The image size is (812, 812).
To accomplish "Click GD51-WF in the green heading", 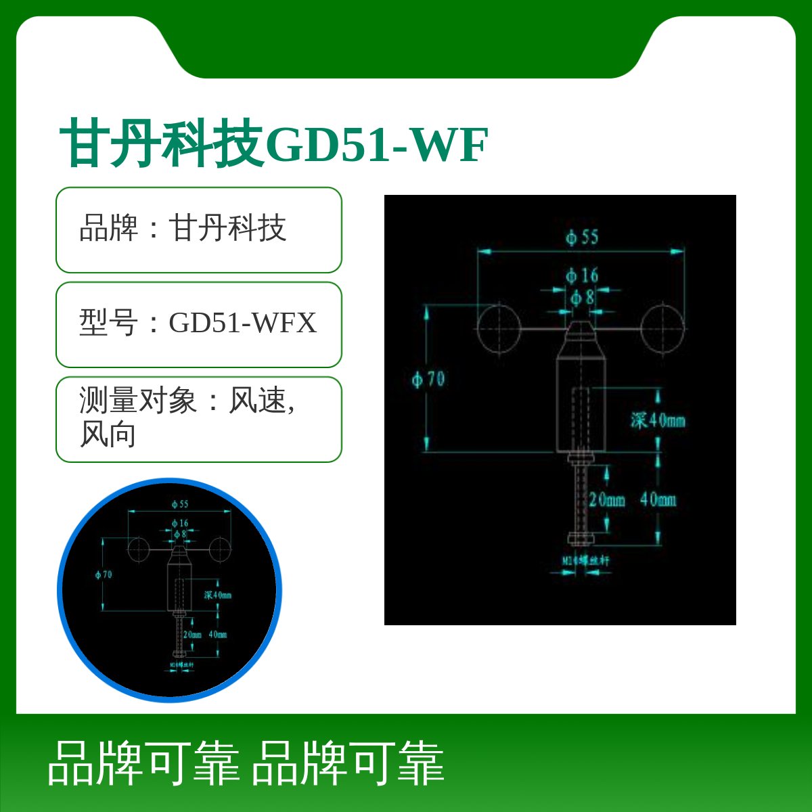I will click(x=378, y=145).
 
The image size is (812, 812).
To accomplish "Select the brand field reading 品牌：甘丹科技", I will click(x=183, y=228).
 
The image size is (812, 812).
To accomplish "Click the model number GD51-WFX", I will click(x=242, y=323).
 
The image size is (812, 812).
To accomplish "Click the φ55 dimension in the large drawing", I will click(x=583, y=237).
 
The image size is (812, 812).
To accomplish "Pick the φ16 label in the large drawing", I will click(x=583, y=275).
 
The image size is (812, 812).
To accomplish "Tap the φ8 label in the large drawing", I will click(x=583, y=297).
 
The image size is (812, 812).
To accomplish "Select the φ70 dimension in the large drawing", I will click(x=429, y=379).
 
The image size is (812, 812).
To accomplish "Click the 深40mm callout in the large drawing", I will click(x=658, y=420).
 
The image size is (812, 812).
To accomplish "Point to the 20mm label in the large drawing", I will click(x=606, y=500).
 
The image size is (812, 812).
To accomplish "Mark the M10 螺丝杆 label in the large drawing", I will click(x=586, y=560).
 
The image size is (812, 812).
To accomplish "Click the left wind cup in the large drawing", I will click(x=499, y=328).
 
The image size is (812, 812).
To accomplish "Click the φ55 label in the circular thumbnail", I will click(x=180, y=504).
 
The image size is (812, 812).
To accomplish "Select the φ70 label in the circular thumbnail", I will click(x=104, y=574).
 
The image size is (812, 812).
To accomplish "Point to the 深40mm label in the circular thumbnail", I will click(x=218, y=595).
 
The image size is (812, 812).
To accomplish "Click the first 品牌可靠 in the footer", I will click(x=143, y=763).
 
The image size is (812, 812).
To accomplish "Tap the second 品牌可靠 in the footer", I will click(x=348, y=763).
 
